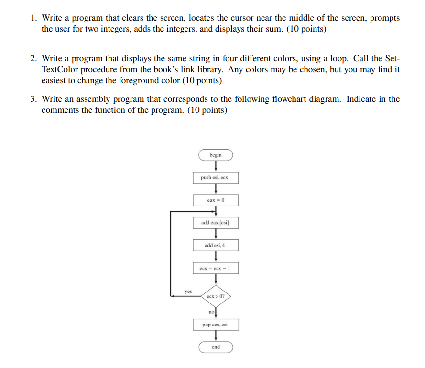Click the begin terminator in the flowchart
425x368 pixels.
pos(216,155)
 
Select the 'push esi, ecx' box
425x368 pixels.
pos(216,178)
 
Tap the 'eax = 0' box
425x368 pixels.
pos(216,200)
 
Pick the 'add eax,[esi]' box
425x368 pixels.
pos(216,223)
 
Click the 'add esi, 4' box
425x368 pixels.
pos(216,246)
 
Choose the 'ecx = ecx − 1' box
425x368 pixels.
pos(216,268)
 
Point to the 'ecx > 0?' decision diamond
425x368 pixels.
pos(216,296)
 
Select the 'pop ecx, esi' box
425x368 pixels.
pos(216,325)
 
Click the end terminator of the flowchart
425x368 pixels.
pos(216,347)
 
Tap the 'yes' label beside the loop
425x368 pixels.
pos(188,290)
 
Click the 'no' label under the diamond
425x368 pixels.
pos(211,312)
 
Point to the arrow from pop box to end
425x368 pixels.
pos(216,336)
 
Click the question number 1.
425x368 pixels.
pos(33,18)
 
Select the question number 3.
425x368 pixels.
pos(33,99)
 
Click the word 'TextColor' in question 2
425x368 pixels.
pos(60,69)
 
